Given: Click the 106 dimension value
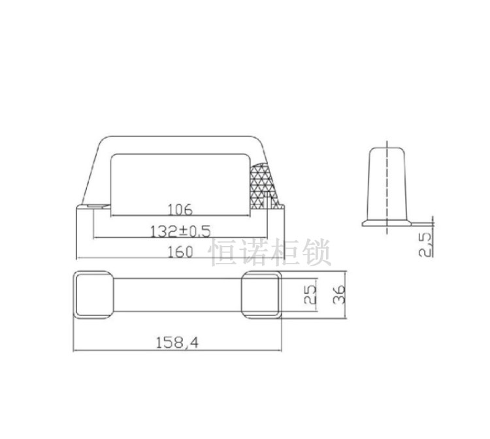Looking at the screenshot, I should click(180, 210).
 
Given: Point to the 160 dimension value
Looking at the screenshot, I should click(180, 251).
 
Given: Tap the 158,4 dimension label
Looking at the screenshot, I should click(176, 342).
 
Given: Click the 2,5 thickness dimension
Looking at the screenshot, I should click(425, 243).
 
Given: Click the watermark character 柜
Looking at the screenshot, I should click(285, 253).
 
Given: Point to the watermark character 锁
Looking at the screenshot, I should click(316, 253).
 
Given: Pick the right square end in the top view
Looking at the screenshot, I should click(261, 295).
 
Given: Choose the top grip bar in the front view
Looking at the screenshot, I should click(176, 144).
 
